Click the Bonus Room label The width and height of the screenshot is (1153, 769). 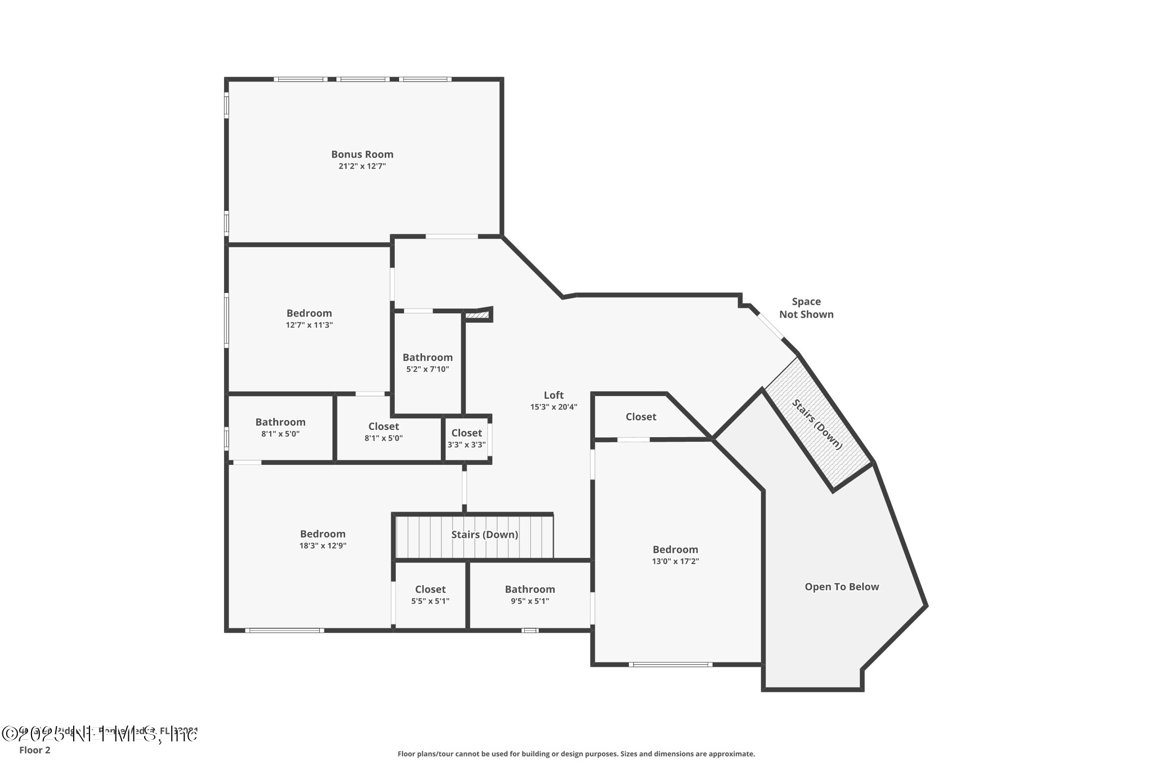(x=362, y=154)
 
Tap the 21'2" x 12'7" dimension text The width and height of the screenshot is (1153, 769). (x=362, y=166)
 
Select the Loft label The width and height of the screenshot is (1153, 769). (x=553, y=395)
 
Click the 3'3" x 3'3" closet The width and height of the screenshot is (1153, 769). (x=466, y=438)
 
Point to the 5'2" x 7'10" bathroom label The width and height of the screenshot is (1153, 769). (x=427, y=363)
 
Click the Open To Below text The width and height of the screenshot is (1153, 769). (x=841, y=587)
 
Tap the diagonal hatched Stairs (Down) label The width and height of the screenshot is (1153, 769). (x=817, y=424)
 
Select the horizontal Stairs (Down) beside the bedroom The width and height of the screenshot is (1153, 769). (x=484, y=535)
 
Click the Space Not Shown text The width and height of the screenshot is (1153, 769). (x=806, y=308)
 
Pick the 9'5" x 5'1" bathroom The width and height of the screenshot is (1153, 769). (x=529, y=595)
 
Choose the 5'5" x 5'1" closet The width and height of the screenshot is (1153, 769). (x=430, y=595)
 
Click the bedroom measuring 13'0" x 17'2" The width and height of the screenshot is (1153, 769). (x=675, y=555)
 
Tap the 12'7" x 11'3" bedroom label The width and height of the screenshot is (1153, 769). (x=309, y=319)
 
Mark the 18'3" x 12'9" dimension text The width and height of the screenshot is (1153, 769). (x=323, y=546)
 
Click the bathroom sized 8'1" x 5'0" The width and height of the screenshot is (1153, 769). (x=280, y=428)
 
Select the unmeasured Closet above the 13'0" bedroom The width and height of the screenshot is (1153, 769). (x=641, y=417)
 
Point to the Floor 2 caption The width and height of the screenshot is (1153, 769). (x=35, y=750)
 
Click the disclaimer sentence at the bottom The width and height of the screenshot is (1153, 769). (x=576, y=754)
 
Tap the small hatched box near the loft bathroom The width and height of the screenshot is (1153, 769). (x=477, y=315)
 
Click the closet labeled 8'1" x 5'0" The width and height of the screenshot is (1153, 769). (x=383, y=432)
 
